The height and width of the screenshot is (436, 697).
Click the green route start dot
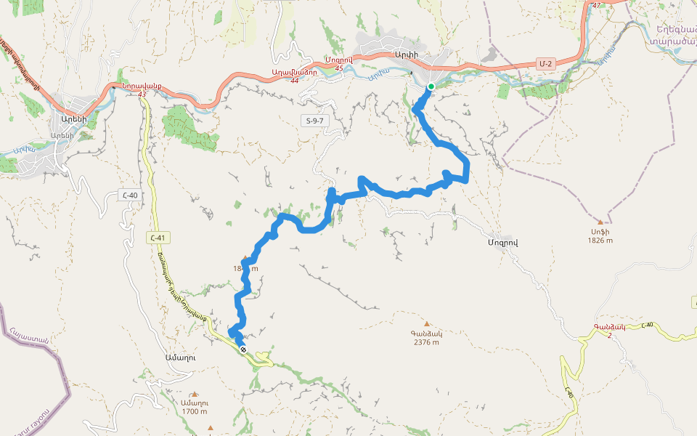(431, 86)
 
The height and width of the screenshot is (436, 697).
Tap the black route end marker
(243, 350)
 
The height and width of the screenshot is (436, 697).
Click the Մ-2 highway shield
(546, 64)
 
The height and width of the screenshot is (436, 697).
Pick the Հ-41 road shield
(156, 237)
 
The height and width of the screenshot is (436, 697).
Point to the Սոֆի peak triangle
(600, 222)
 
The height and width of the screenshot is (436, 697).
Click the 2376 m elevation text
(426, 342)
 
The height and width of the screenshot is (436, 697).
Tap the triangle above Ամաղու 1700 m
(195, 394)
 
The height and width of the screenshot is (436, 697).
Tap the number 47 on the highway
(597, 6)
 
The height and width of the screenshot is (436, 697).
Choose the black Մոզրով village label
(502, 241)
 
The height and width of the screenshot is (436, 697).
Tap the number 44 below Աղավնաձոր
(294, 80)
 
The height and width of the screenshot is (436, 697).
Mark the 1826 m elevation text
(600, 241)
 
